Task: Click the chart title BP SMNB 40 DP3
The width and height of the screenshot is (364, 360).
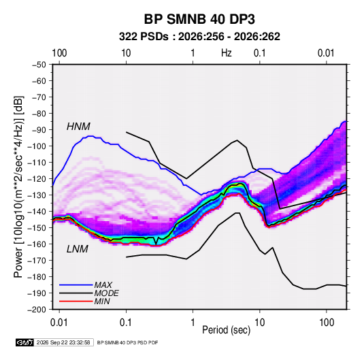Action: tap(199, 19)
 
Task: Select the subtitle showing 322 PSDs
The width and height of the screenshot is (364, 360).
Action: tap(199, 37)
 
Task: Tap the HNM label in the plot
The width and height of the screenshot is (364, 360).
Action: tap(78, 127)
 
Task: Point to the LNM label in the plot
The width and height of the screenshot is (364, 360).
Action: tap(78, 249)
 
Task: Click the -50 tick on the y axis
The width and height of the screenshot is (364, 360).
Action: tap(39, 65)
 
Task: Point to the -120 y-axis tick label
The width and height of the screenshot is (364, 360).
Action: tap(37, 179)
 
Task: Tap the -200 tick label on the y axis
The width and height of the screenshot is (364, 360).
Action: tap(37, 310)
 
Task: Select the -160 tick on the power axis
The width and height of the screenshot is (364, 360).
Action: tap(37, 244)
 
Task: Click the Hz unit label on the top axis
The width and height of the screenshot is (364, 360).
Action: tap(227, 53)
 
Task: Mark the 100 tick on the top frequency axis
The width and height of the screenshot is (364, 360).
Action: tap(59, 53)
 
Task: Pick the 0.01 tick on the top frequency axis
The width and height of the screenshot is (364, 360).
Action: tap(326, 53)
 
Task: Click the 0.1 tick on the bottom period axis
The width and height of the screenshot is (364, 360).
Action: tap(126, 323)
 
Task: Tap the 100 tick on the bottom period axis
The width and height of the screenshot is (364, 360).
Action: tap(327, 323)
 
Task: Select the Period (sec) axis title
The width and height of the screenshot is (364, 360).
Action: tap(227, 330)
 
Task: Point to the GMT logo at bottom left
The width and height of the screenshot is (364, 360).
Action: tap(25, 342)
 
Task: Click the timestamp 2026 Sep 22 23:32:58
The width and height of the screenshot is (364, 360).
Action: tap(63, 342)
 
